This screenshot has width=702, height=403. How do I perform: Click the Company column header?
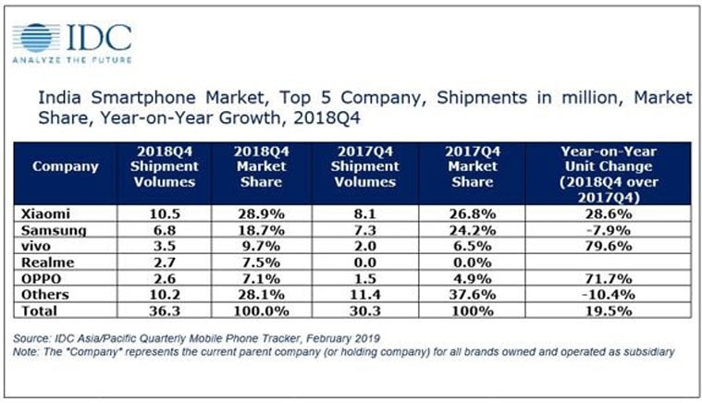click(x=66, y=167)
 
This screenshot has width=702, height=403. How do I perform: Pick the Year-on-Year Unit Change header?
click(x=613, y=167)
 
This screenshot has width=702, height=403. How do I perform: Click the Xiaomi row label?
click(x=45, y=213)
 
